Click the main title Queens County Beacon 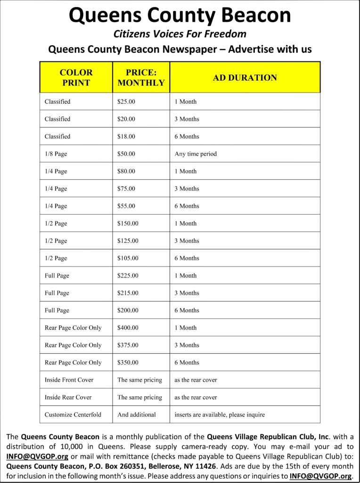180,16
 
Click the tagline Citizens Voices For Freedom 180,34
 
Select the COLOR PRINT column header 76,77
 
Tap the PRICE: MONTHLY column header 141,77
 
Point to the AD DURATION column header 245,78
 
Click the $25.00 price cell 126,102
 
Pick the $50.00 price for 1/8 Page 126,154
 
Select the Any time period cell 196,154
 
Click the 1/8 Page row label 56,154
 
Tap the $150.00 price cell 128,224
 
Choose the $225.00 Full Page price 128,276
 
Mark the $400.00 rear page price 128,328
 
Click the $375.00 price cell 128,345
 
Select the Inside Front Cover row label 69,380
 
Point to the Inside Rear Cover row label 68,398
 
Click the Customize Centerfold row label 73,415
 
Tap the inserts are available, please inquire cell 220,415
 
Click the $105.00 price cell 128,258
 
